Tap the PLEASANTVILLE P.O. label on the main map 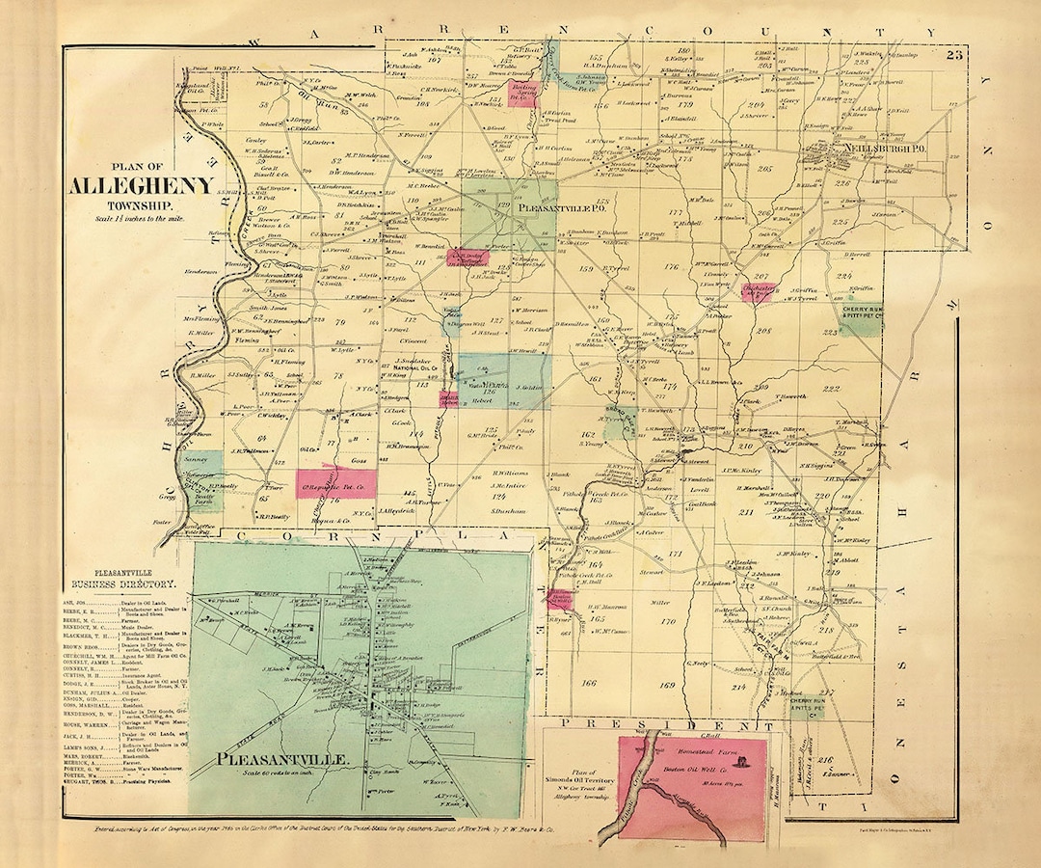click(561, 207)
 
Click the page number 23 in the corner click(954, 55)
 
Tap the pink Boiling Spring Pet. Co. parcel click(522, 94)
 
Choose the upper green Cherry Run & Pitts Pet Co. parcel click(859, 311)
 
